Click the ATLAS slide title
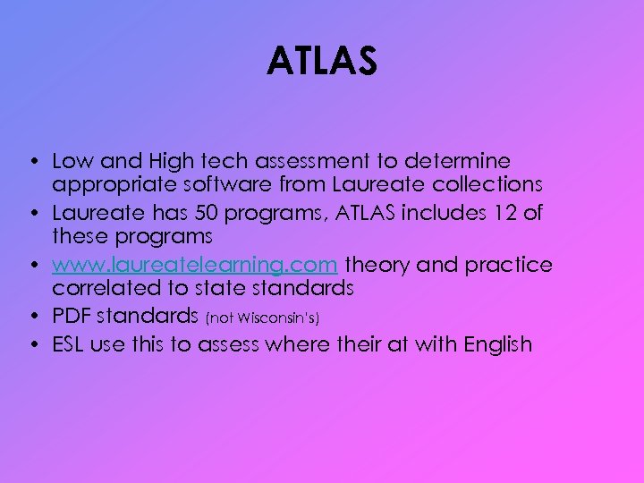coord(322,63)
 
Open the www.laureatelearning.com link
coord(195,266)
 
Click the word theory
coord(379,266)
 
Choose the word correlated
coord(103,289)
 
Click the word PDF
coord(72,318)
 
